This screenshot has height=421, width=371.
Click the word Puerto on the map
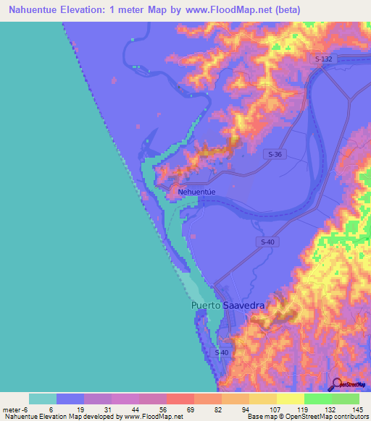[x=206, y=306]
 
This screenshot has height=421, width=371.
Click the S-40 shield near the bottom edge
[x=223, y=352]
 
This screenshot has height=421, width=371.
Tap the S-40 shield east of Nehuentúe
[x=265, y=241]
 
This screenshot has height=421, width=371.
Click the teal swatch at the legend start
[x=43, y=399]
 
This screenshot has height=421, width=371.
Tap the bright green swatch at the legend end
[x=346, y=399]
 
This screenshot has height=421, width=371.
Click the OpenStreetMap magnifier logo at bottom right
[x=335, y=385]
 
